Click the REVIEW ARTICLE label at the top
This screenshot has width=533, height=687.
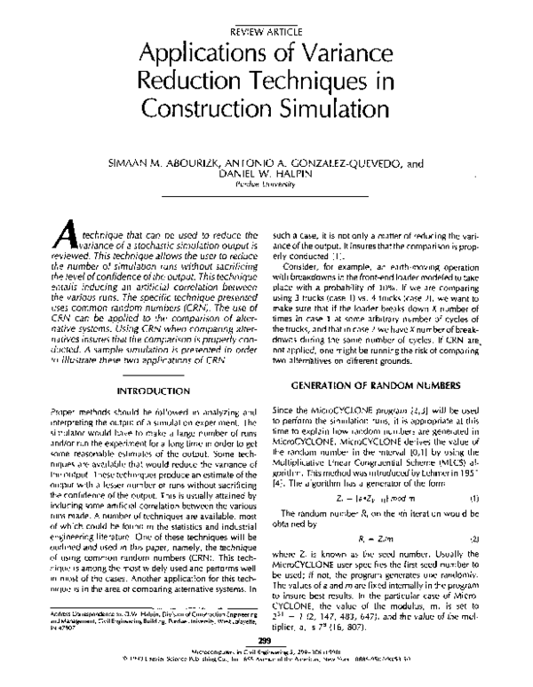tap(265, 29)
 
